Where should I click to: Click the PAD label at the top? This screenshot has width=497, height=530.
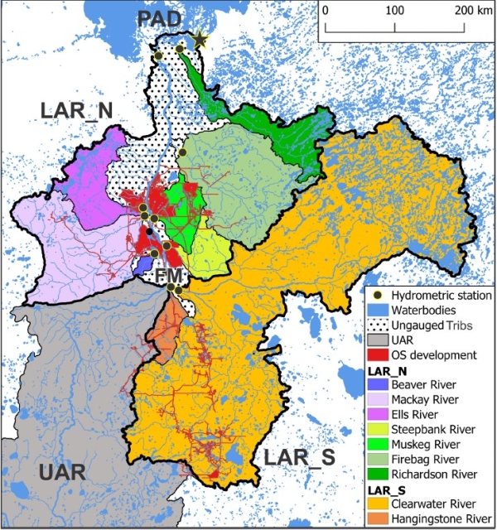tap(162, 19)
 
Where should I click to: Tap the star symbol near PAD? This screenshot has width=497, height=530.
tap(199, 38)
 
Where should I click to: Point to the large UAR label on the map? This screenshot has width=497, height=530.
tap(60, 473)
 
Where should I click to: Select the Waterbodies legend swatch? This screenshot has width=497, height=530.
tap(379, 311)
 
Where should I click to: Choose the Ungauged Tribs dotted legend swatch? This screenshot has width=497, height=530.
tap(379, 325)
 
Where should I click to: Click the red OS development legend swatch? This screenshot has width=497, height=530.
tap(379, 355)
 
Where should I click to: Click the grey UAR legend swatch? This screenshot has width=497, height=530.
tap(379, 340)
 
